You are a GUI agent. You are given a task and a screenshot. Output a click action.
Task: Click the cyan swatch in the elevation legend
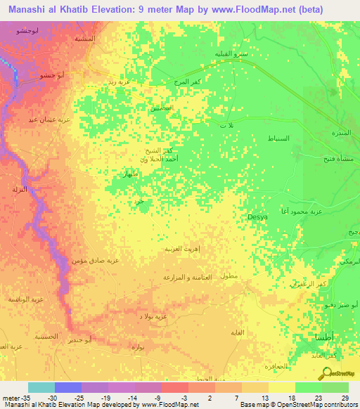[x=41, y=387]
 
